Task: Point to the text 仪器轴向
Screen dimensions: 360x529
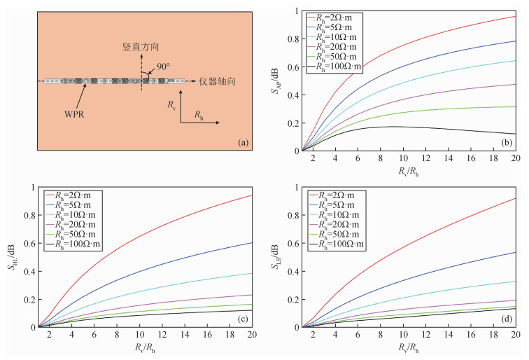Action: (213, 81)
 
